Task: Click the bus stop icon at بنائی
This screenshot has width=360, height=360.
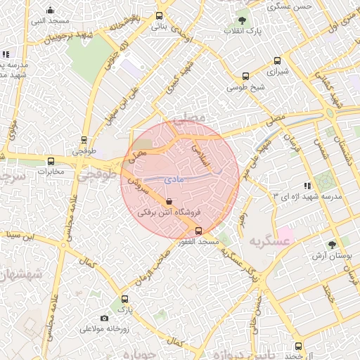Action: (x=160, y=15)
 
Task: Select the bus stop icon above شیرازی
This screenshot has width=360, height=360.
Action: (x=245, y=76)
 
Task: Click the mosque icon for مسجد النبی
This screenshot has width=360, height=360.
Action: (x=50, y=10)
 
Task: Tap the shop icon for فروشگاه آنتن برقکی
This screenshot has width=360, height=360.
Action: (x=167, y=200)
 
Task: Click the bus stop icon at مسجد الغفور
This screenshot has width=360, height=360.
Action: (x=198, y=231)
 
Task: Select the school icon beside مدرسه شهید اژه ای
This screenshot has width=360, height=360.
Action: (x=295, y=194)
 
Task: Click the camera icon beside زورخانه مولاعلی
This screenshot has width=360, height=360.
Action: (x=105, y=319)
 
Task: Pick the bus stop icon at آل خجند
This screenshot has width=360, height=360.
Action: (x=298, y=346)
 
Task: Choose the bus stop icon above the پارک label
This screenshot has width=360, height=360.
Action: (x=124, y=299)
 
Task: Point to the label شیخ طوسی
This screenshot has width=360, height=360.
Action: (x=245, y=88)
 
